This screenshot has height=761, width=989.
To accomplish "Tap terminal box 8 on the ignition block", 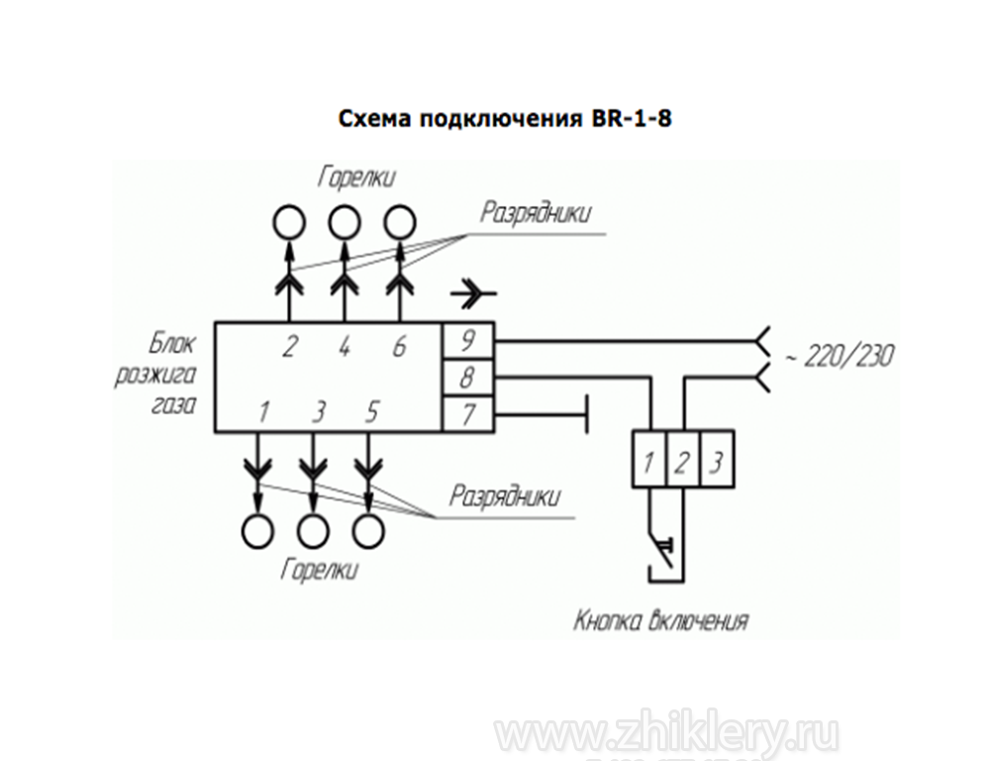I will pyautogui.click(x=467, y=377).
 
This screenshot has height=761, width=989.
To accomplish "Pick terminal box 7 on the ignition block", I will pyautogui.click(x=467, y=413).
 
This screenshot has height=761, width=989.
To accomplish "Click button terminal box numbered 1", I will pyautogui.click(x=647, y=459).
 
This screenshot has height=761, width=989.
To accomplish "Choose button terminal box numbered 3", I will pyautogui.click(x=716, y=459).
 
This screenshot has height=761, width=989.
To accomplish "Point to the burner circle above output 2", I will pyautogui.click(x=289, y=221).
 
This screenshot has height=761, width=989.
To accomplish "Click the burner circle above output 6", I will pyautogui.click(x=399, y=221).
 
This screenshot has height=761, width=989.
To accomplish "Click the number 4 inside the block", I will pyautogui.click(x=344, y=347).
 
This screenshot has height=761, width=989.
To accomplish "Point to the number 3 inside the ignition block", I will pyautogui.click(x=317, y=410).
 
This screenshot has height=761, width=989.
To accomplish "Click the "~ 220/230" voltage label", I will pyautogui.click(x=838, y=355).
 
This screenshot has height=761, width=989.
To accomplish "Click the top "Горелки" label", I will pyautogui.click(x=357, y=177).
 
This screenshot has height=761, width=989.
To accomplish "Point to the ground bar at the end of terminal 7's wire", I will pyautogui.click(x=588, y=413).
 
